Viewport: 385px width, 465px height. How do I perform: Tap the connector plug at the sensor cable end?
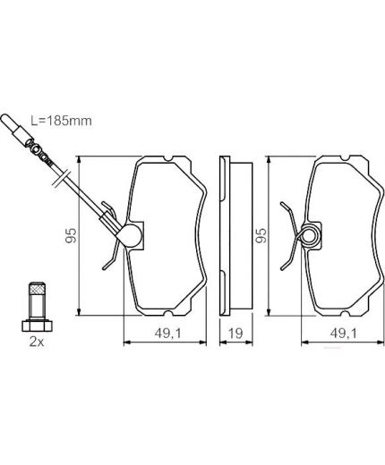point(13,128)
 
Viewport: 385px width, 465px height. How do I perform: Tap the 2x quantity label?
point(37,342)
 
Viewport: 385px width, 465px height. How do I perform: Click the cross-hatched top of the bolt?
point(37,292)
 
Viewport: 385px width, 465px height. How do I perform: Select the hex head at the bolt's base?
point(37,325)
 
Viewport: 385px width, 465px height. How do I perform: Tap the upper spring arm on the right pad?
point(291,210)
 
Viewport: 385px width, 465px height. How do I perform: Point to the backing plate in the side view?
point(226,237)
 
